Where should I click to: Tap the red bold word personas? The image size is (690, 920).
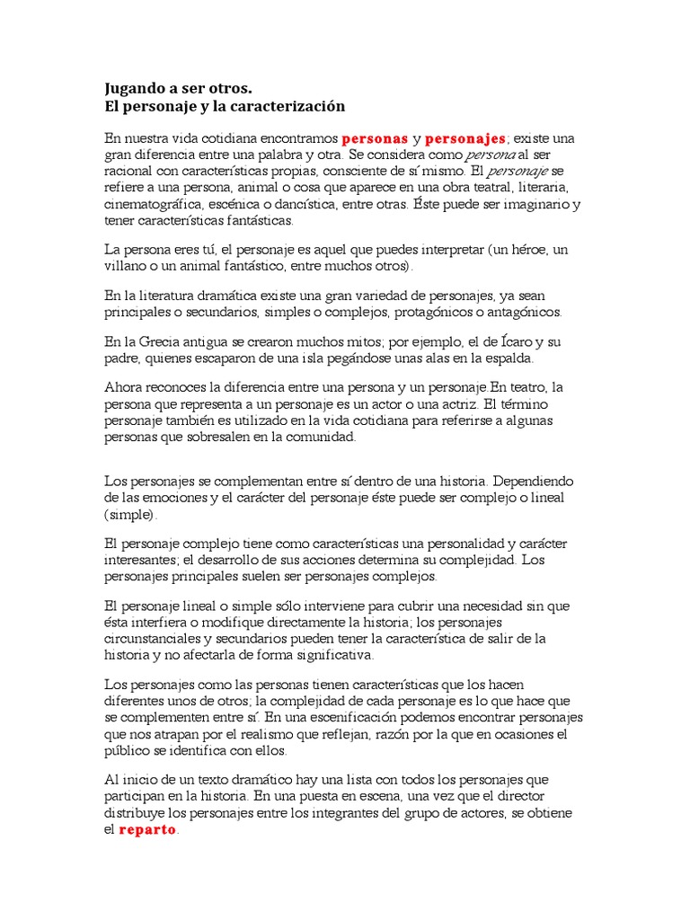[x=375, y=139]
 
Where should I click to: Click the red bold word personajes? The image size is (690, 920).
[x=465, y=139]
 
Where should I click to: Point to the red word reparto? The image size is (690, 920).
[x=148, y=830]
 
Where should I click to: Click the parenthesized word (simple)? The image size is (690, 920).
[x=130, y=515]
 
